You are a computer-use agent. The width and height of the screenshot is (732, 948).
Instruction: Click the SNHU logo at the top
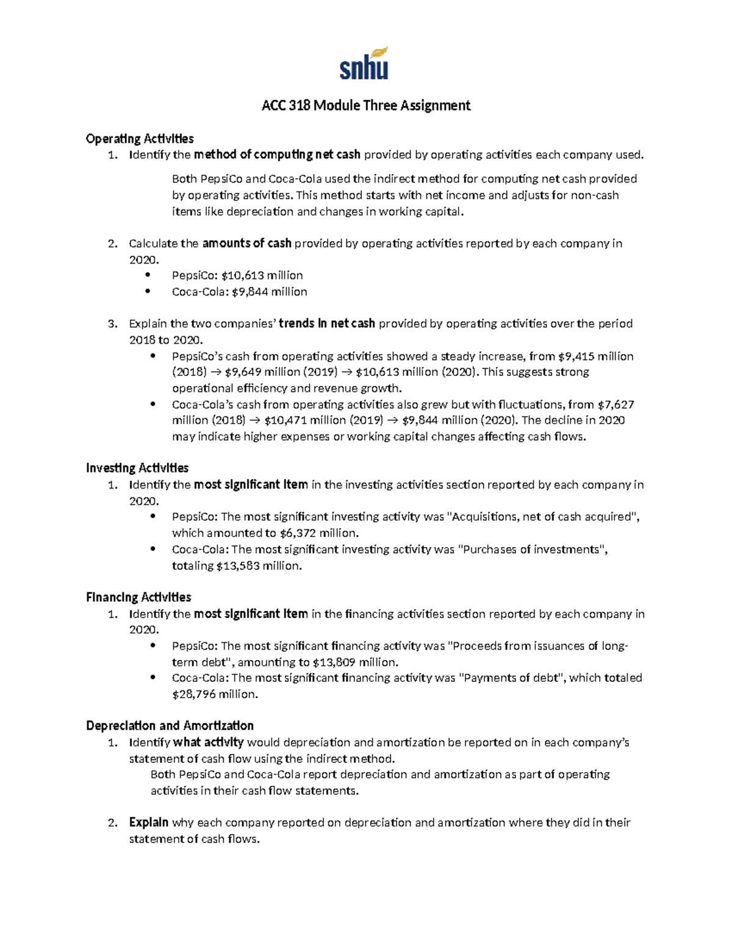pyautogui.click(x=364, y=64)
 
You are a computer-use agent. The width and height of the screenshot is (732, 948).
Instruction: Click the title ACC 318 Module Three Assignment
pyautogui.click(x=366, y=106)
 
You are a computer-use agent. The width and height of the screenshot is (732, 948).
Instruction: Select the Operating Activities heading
pyautogui.click(x=140, y=139)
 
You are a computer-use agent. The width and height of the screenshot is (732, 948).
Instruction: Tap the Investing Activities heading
pyautogui.click(x=137, y=468)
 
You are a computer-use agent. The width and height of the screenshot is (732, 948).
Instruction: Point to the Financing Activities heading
pyautogui.click(x=138, y=597)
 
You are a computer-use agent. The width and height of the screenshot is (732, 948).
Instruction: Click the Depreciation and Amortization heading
pyautogui.click(x=170, y=726)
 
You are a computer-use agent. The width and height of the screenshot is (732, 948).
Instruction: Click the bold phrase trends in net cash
pyautogui.click(x=326, y=324)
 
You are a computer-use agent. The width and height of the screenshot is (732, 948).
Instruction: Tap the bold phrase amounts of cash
pyautogui.click(x=246, y=244)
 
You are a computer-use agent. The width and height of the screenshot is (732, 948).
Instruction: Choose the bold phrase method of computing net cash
pyautogui.click(x=277, y=154)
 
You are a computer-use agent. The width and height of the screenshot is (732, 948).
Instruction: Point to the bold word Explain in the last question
pyautogui.click(x=148, y=822)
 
